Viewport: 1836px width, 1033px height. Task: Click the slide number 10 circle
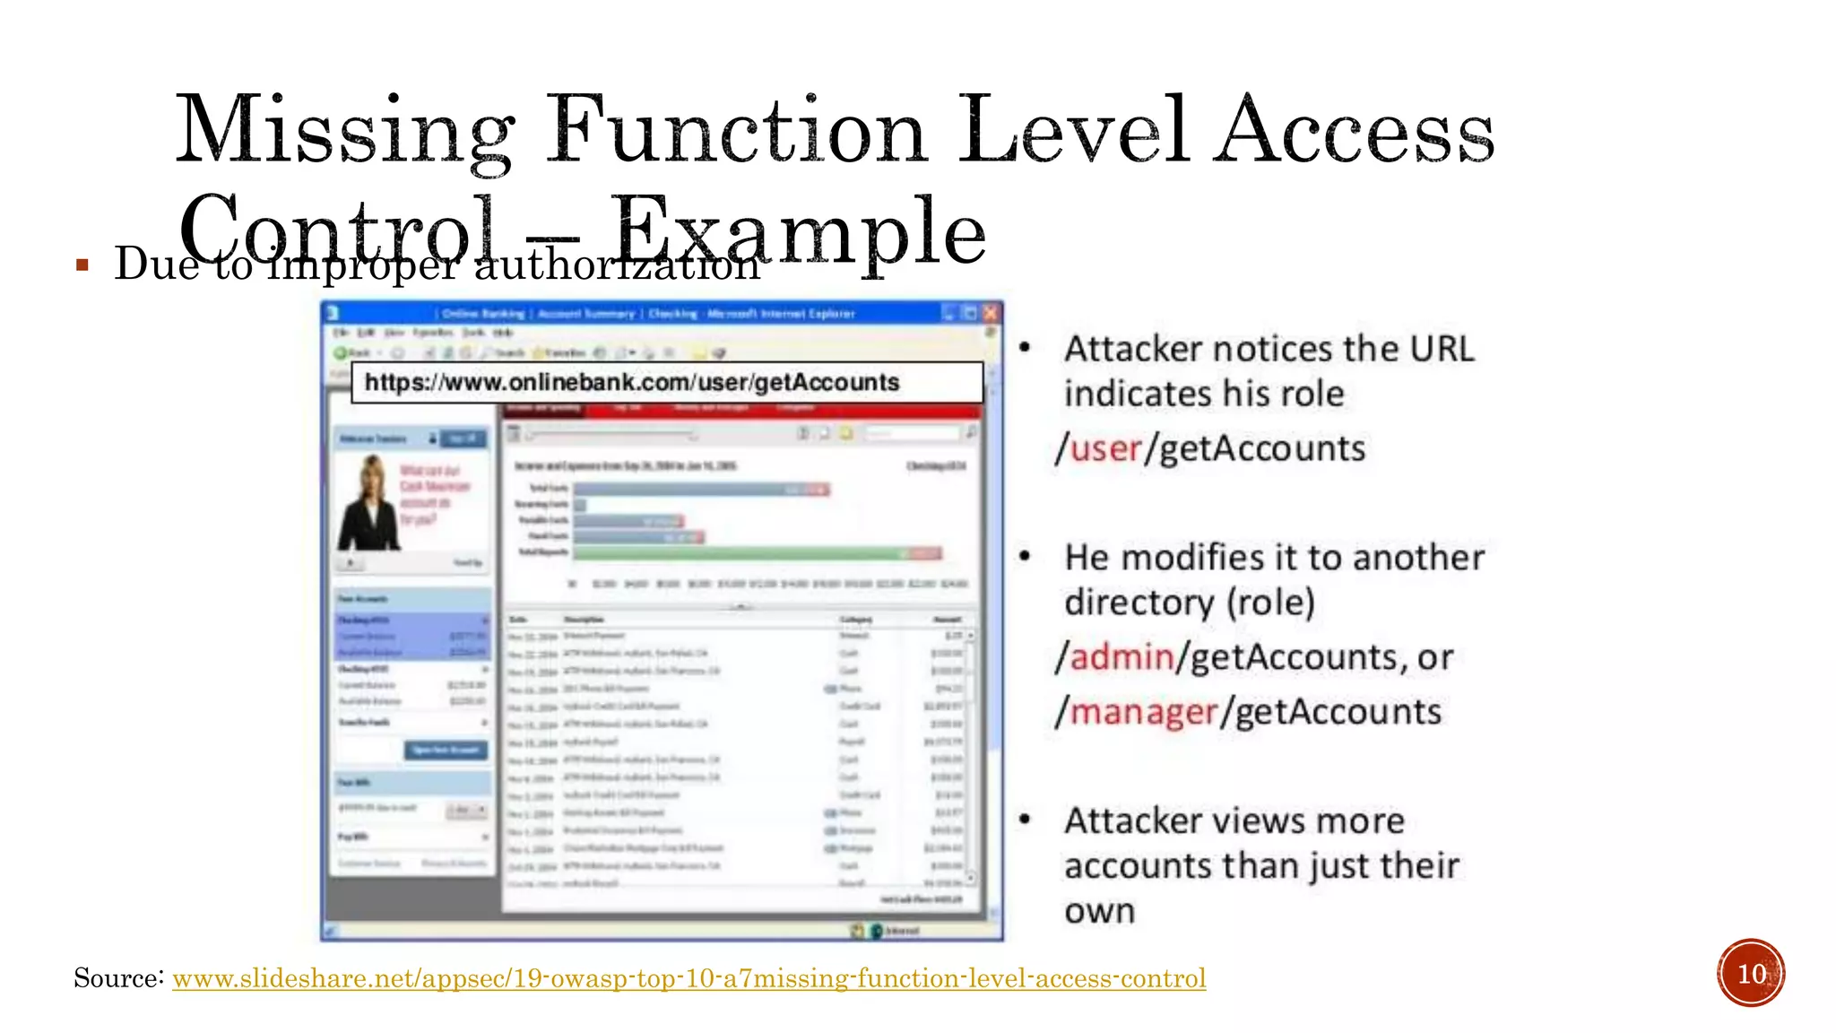coord(1751,973)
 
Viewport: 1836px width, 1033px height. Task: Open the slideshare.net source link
coord(688,978)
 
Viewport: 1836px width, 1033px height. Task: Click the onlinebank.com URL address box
coord(667,383)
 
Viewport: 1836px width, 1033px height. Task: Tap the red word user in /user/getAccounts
coord(1105,448)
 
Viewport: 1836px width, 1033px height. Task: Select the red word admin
coord(1122,657)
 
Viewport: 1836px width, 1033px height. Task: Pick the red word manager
coord(1143,712)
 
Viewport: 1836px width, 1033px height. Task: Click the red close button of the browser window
coord(990,313)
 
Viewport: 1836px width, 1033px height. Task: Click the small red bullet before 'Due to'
coord(82,265)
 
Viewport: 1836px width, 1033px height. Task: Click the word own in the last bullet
coord(1099,911)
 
